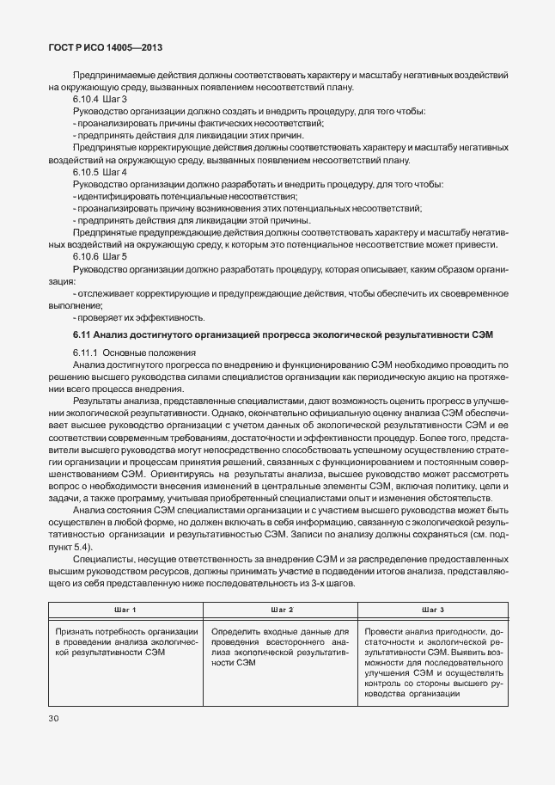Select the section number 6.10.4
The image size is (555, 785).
tap(86, 100)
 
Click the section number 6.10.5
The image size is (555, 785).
tap(86, 173)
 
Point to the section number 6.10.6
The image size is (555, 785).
tap(86, 257)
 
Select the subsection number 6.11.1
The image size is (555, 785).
tap(86, 353)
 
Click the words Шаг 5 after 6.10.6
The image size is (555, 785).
tap(115, 257)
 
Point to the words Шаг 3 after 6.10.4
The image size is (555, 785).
tap(115, 100)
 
